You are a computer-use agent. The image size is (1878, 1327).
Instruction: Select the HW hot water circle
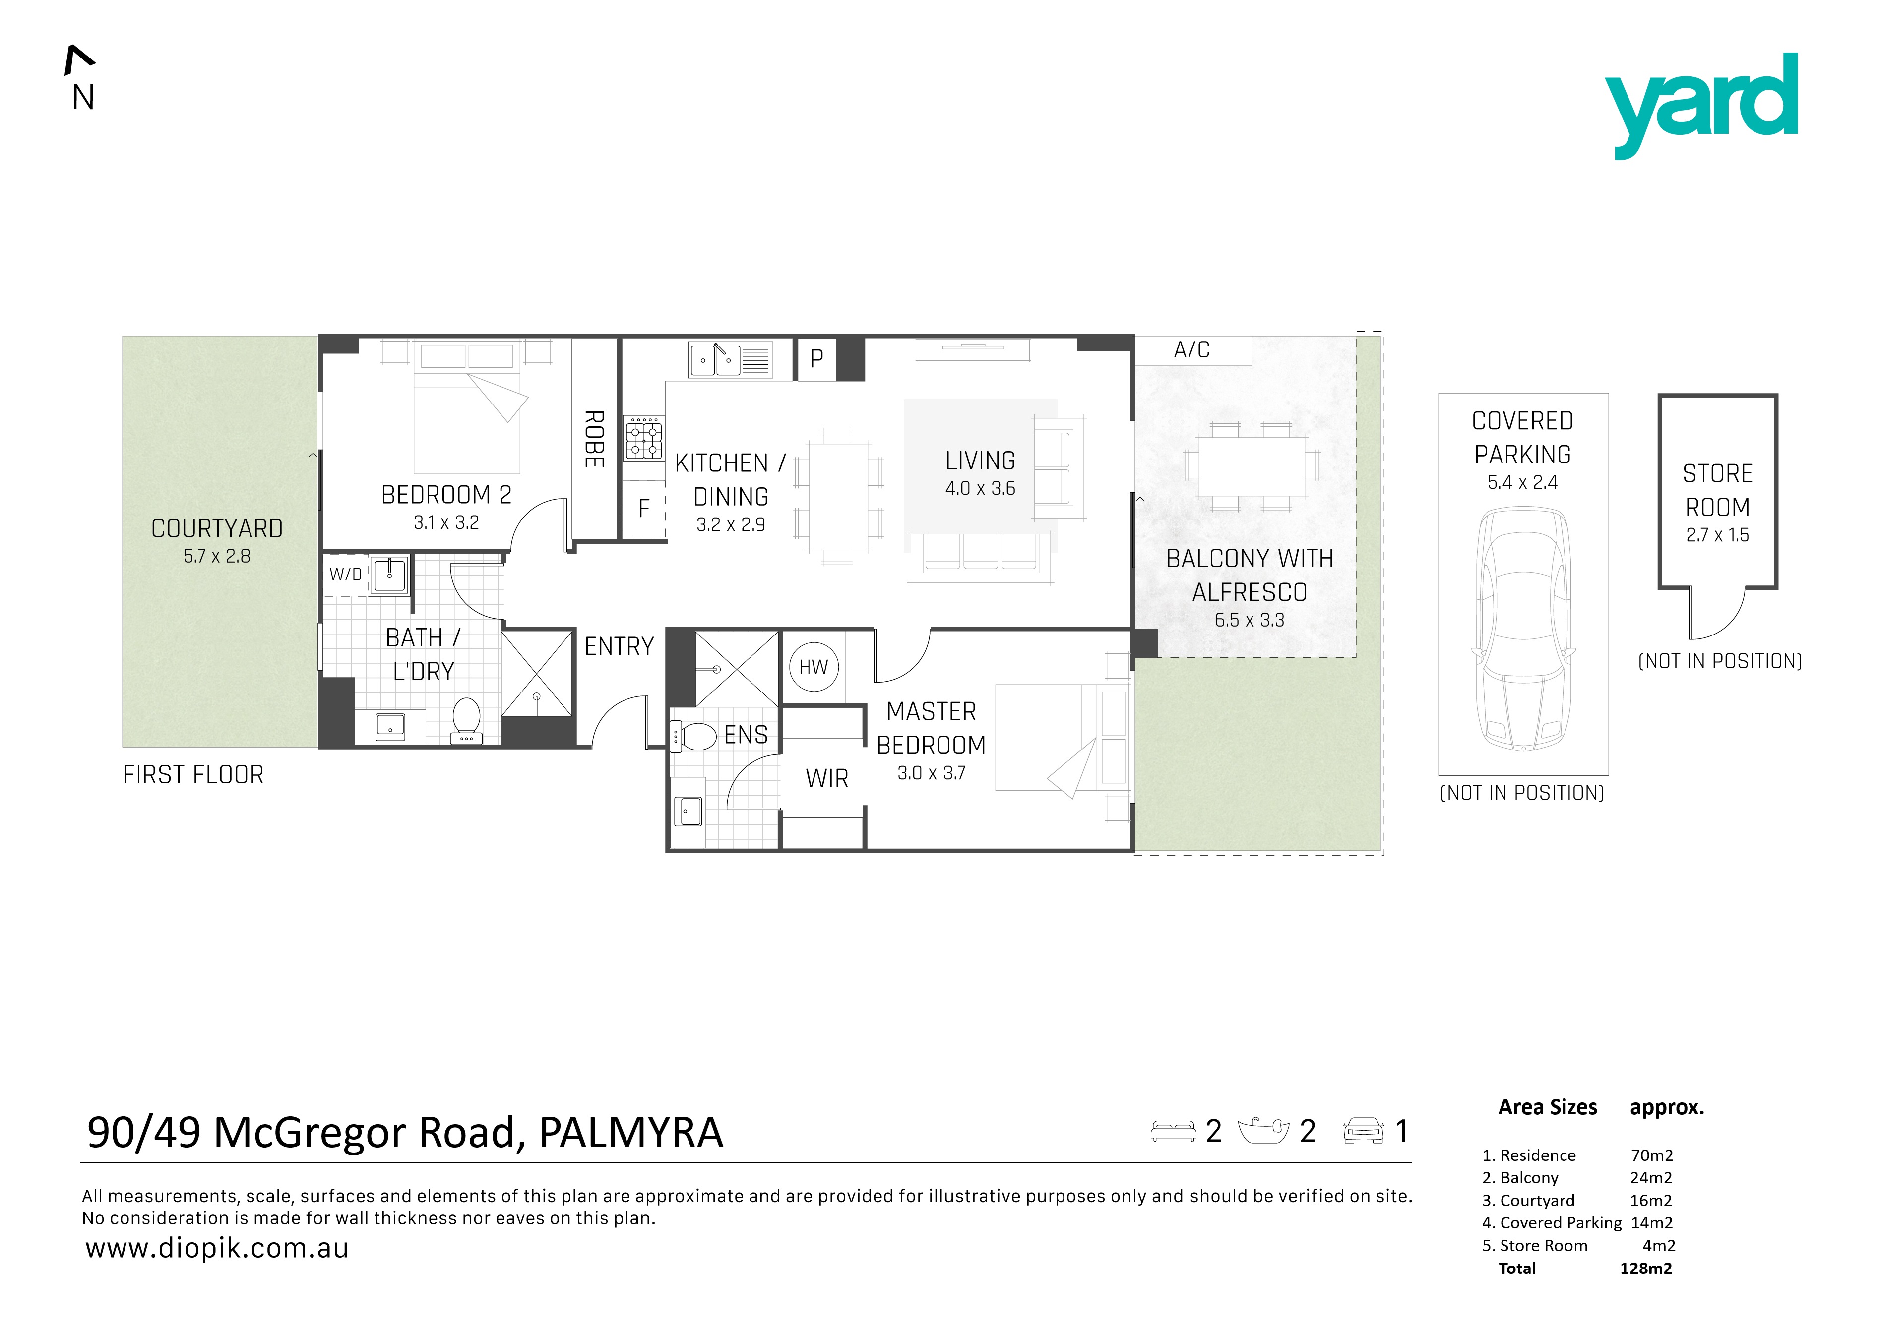[814, 667]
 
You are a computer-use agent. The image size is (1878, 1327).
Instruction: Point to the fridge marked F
[644, 509]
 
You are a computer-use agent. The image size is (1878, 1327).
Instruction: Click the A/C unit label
[1192, 350]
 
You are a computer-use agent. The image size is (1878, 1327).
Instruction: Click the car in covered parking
[1523, 629]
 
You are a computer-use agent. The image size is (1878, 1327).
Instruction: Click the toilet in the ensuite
[693, 736]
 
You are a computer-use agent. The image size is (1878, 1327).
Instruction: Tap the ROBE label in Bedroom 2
[595, 439]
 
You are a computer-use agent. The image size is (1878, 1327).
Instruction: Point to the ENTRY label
[619, 647]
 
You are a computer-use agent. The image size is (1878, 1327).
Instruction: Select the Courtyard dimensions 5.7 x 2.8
[217, 556]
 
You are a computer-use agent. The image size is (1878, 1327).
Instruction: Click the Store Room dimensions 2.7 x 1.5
[1718, 535]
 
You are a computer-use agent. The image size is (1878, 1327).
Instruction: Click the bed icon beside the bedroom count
[1173, 1131]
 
